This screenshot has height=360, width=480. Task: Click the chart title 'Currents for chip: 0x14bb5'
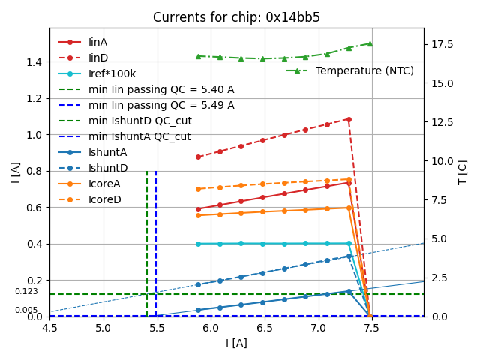click(236, 17)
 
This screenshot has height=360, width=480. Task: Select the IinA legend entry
click(98, 42)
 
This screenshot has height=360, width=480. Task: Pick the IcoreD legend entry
click(104, 199)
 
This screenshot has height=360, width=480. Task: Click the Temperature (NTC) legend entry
click(364, 70)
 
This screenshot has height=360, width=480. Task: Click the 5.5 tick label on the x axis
click(157, 328)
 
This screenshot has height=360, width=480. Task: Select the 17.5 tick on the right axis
click(443, 44)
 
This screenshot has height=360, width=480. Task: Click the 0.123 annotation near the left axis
click(26, 291)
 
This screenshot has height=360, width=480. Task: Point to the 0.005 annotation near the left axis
click(26, 310)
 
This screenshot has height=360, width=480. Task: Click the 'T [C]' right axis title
click(463, 172)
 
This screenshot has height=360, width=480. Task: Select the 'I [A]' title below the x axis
click(236, 343)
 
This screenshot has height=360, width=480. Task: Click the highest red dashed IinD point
click(349, 118)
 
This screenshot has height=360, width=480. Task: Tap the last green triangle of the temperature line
click(370, 43)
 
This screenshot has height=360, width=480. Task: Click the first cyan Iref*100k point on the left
click(198, 244)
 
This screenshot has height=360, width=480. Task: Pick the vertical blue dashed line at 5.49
click(156, 240)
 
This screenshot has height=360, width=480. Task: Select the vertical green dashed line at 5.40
click(147, 240)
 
